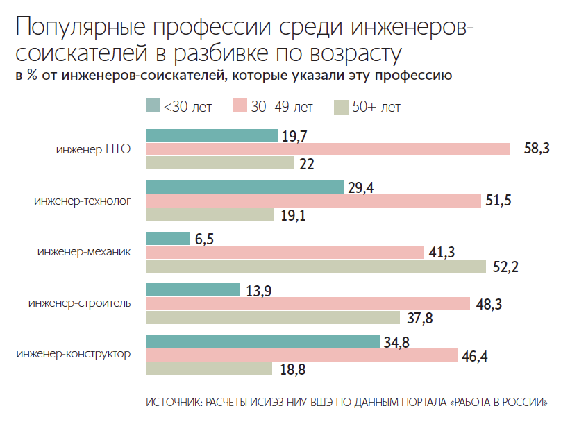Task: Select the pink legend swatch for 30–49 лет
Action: pos(240,106)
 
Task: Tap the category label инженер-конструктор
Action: pos(74,355)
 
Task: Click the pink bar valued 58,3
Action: pos(328,149)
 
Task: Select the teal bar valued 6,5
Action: pos(167,238)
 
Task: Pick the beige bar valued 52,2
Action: pos(316,266)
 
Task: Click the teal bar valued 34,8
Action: pos(263,341)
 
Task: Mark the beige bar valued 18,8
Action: pos(208,369)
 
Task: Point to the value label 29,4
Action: pos(362,187)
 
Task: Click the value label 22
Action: pos(307,164)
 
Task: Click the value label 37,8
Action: pos(419,318)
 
